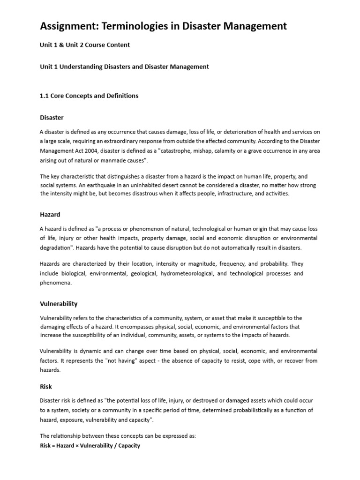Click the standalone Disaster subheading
point(52,117)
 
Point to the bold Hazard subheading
point(50,214)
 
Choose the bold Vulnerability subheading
point(59,304)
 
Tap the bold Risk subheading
point(46,387)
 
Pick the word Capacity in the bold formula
point(129,445)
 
